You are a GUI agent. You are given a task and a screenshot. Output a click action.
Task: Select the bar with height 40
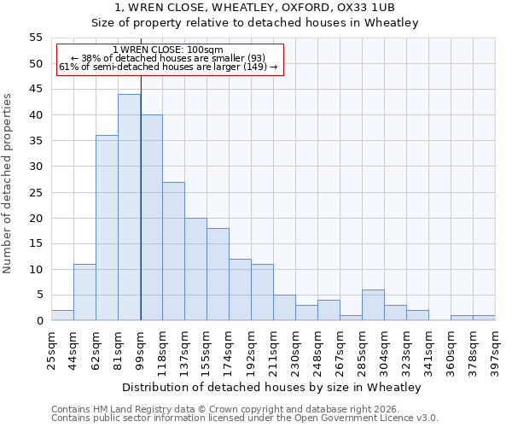(151, 218)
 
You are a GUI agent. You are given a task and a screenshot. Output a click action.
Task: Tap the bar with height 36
(107, 228)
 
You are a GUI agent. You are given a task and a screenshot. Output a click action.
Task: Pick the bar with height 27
(173, 251)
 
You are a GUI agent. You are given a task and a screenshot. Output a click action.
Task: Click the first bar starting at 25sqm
(62, 315)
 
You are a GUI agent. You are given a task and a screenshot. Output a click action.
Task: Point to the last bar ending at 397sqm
(484, 318)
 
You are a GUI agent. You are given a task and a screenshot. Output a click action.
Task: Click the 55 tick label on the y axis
(36, 38)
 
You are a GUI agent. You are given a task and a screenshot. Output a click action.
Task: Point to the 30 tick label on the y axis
(36, 167)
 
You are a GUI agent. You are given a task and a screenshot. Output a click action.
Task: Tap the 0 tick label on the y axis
(39, 321)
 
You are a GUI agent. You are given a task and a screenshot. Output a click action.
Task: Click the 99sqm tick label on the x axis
(141, 348)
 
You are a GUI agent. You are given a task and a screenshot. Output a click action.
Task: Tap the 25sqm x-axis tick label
(52, 348)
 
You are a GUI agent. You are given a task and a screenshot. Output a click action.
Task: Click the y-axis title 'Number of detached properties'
(8, 183)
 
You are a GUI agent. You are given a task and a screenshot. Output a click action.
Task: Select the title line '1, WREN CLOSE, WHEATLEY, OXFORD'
(254, 8)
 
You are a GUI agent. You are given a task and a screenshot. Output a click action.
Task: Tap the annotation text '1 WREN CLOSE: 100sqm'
(168, 50)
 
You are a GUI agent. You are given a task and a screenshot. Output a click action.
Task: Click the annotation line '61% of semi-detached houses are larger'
(168, 67)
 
